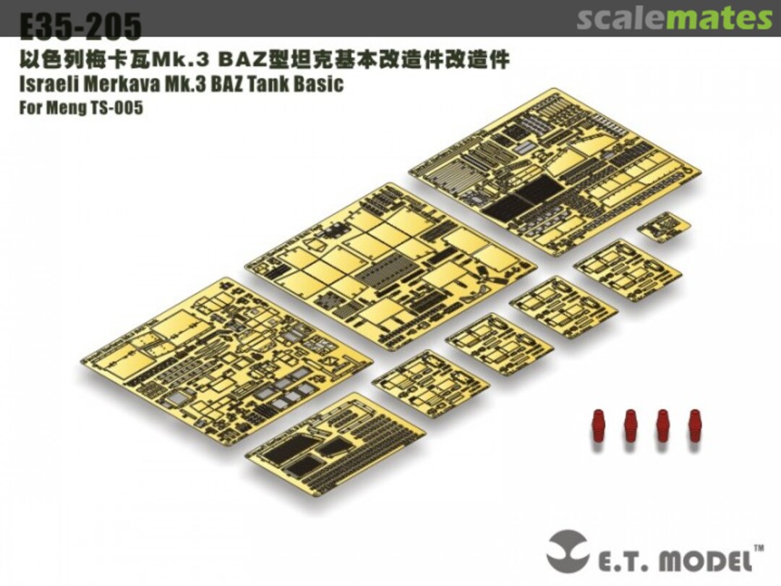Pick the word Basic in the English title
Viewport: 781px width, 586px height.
coord(318,83)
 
